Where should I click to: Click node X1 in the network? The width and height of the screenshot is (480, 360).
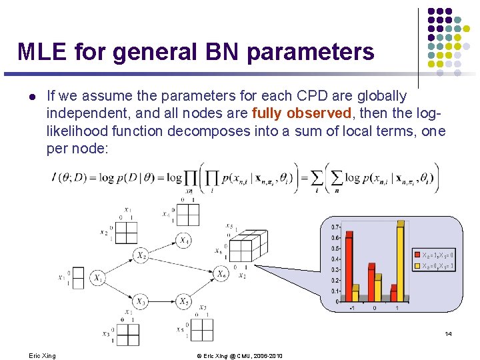[x=98, y=277]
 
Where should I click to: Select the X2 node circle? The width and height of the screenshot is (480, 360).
[x=141, y=255]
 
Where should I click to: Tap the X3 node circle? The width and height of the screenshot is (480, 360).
[x=141, y=301]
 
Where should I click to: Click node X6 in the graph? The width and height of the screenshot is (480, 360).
[x=221, y=273]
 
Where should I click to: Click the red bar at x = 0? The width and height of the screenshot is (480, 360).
[x=372, y=283]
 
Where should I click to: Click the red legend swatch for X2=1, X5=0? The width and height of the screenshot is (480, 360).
[x=417, y=255]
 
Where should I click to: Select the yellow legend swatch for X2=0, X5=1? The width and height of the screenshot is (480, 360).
[x=417, y=266]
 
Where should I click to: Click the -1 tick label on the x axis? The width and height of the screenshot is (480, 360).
[x=352, y=309]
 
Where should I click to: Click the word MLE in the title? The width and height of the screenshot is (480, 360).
[x=41, y=51]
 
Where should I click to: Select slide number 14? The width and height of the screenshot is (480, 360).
[x=448, y=333]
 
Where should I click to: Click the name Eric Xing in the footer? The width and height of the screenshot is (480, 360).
[x=43, y=356]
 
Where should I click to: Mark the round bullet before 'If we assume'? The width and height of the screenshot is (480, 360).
[x=31, y=96]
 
